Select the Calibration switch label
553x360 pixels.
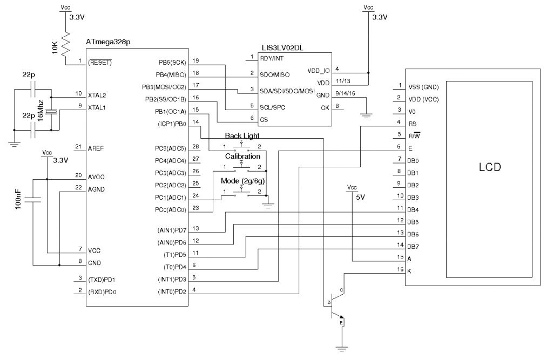(x=242, y=156)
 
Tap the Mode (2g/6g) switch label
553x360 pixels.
(x=243, y=180)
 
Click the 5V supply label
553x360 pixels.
(x=360, y=198)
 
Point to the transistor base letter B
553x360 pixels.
(x=329, y=302)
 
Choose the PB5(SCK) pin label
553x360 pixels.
(x=171, y=62)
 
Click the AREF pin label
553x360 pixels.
(x=95, y=147)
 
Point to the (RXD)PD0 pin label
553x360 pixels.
(x=102, y=291)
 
